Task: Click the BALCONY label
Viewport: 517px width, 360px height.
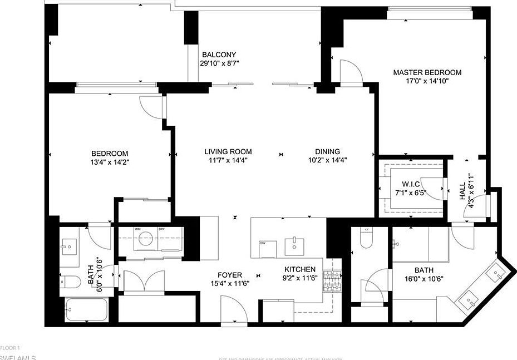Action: tap(219, 55)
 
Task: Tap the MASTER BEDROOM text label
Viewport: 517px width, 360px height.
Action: tap(427, 72)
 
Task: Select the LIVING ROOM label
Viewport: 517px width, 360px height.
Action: tap(228, 151)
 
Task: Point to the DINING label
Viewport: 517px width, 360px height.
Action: tap(327, 151)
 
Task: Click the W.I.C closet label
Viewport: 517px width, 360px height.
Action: tap(410, 184)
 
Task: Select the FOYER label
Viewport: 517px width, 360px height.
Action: tap(229, 275)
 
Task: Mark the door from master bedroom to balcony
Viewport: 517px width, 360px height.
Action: tap(351, 72)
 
